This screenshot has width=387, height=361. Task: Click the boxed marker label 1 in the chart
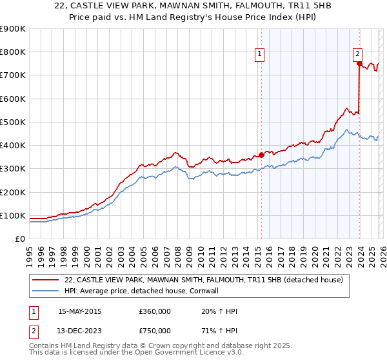point(259,55)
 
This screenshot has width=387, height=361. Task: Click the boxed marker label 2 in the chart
point(357,55)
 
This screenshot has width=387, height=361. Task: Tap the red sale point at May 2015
point(261,155)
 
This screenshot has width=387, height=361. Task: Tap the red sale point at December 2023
point(359,63)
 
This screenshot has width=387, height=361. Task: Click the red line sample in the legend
point(47,280)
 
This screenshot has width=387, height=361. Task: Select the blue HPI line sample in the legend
point(47,291)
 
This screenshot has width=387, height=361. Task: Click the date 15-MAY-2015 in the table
point(80,311)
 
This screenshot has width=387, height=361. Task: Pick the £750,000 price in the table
point(154,332)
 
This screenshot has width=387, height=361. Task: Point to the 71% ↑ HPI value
point(219,332)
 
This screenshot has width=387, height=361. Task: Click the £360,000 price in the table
point(154,311)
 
